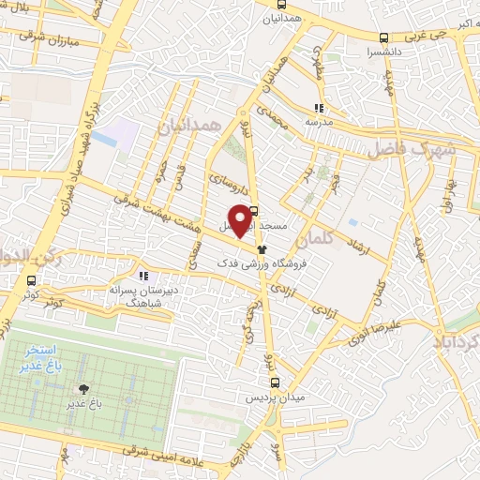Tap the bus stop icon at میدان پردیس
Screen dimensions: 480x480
coord(274,382)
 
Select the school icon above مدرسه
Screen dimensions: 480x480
coord(319,108)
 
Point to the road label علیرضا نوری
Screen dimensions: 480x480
coord(378,328)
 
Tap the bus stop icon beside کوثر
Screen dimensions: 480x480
coord(34,279)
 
